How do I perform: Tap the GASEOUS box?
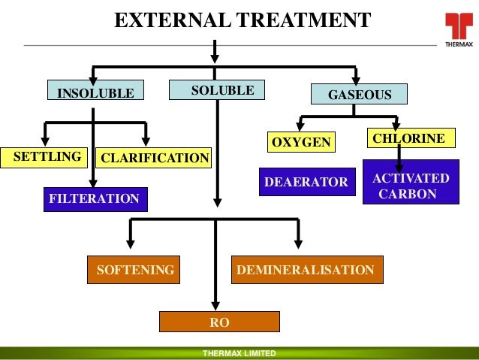coord(360,95)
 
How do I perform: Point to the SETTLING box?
coord(46,156)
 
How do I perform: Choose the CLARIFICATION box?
coord(154,158)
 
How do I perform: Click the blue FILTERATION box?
coord(95,199)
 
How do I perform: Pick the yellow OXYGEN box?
coord(300,142)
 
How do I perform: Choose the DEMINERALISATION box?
coord(306,270)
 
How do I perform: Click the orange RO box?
coord(219,322)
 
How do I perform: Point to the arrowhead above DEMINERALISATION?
coord(299,244)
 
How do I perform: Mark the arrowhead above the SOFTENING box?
coord(131,244)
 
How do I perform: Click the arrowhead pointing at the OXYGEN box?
coord(300,128)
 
